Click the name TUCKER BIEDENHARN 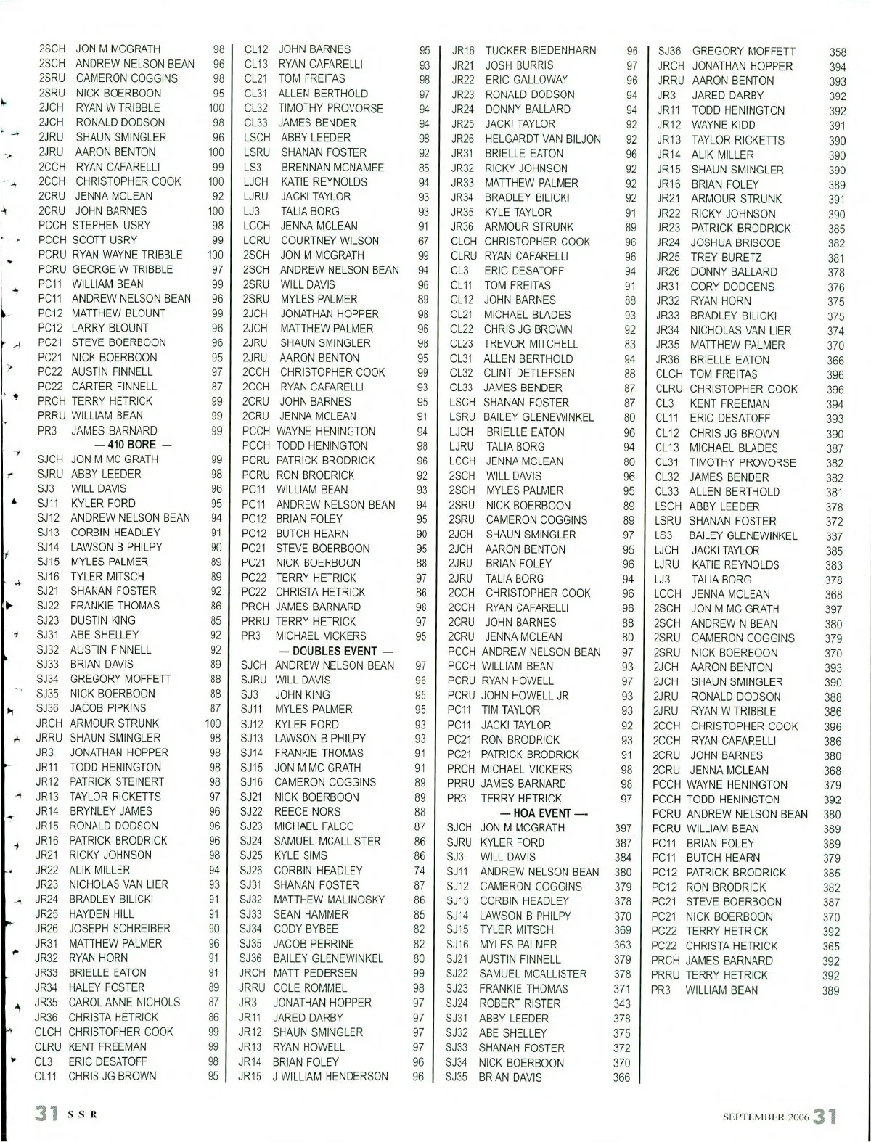[541, 51]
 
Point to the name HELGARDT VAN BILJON [543, 139]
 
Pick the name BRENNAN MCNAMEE [332, 167]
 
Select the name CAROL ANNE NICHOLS [124, 1002]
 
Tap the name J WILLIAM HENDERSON [330, 1076]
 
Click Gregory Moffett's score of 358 [838, 52]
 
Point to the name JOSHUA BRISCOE [735, 243]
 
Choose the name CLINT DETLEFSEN [529, 373]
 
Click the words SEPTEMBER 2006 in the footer [765, 1117]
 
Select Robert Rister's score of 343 [622, 1003]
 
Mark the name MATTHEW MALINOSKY [329, 900]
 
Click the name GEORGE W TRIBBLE [122, 269]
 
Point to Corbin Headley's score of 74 [418, 871]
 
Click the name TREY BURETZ [726, 258]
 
